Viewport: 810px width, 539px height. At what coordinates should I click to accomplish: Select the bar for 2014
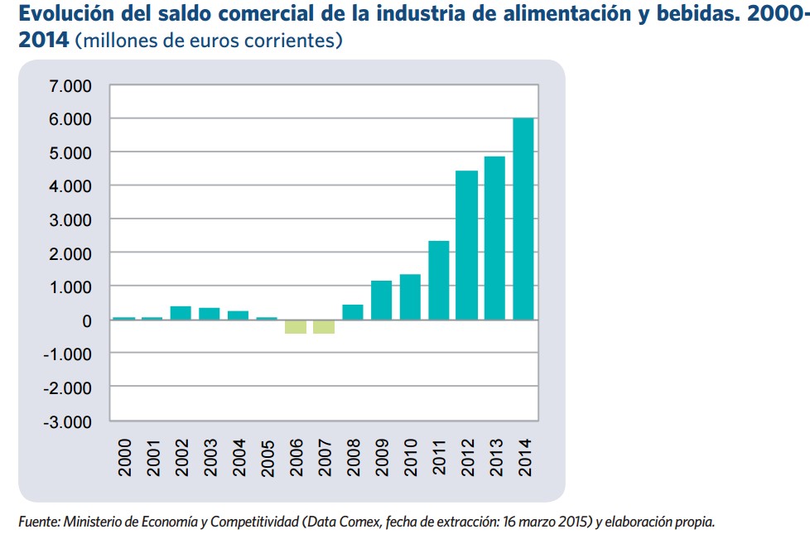(x=523, y=219)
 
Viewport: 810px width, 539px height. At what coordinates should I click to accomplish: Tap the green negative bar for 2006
(x=295, y=326)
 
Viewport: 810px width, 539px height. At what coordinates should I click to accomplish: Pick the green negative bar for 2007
(x=324, y=326)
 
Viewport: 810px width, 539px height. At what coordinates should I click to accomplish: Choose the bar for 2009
(x=381, y=300)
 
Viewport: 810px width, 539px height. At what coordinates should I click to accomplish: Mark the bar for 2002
(x=181, y=313)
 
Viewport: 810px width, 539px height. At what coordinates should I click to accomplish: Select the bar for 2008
(x=352, y=312)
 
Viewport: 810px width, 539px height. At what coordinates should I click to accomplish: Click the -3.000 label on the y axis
(x=70, y=421)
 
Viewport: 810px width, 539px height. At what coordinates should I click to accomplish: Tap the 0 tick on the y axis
(x=86, y=320)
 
